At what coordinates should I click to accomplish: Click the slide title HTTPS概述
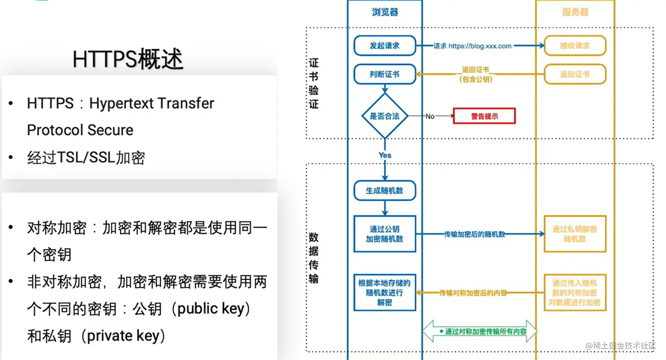[128, 59]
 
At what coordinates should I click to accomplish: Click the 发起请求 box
[385, 46]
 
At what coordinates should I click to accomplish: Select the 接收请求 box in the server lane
[575, 46]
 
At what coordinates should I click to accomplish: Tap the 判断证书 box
[385, 74]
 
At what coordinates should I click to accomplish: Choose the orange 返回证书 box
[575, 74]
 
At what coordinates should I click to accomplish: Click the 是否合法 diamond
[385, 116]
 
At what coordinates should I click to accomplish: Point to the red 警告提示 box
[484, 116]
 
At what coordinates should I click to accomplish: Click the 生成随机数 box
[385, 190]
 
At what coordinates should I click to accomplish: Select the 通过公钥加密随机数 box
[385, 234]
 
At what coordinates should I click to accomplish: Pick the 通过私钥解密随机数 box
[575, 234]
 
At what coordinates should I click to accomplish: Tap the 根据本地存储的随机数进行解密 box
[385, 293]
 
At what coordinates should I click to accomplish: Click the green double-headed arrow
[480, 331]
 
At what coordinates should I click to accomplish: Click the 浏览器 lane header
[385, 12]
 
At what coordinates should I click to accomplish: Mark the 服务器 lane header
[575, 12]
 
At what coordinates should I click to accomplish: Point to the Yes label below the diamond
[385, 155]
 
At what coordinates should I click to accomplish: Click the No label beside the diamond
[430, 116]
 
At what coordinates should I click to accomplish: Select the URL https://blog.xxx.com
[480, 46]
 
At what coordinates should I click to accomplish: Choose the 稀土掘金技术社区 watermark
[624, 345]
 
